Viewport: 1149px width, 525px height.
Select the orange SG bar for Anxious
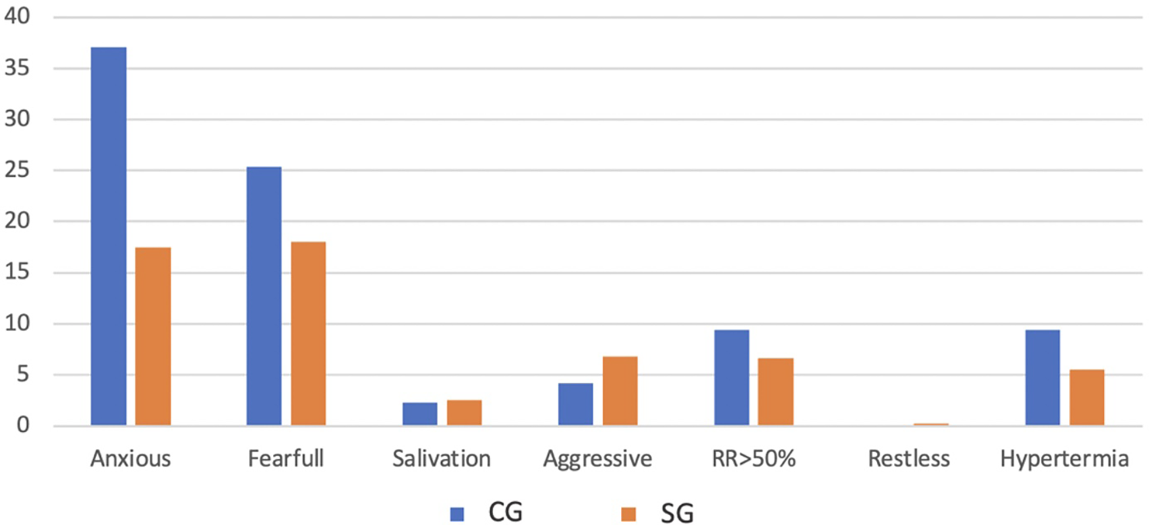(x=153, y=336)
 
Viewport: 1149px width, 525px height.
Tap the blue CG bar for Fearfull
(x=264, y=296)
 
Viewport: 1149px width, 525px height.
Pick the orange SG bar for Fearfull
(x=309, y=334)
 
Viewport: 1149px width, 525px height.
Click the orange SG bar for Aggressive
(x=620, y=391)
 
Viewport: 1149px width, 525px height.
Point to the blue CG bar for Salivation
(x=420, y=414)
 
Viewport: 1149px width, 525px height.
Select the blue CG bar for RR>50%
(x=732, y=377)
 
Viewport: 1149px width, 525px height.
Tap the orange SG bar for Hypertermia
(x=1086, y=398)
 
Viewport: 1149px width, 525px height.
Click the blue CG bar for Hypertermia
(x=1043, y=377)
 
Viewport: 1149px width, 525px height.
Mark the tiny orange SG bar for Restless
(x=931, y=424)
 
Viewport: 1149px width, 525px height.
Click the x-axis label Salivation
(x=441, y=458)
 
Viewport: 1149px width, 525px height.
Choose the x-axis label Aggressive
(x=597, y=459)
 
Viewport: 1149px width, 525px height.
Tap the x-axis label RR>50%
(x=753, y=458)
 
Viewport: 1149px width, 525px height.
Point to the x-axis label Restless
(x=909, y=458)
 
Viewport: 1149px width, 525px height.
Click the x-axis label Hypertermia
(x=1064, y=458)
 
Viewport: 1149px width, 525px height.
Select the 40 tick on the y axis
(x=17, y=16)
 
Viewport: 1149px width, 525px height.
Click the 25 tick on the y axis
(x=17, y=170)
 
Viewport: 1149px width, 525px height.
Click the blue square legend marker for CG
(x=457, y=514)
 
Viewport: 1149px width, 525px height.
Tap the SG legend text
(x=677, y=514)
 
